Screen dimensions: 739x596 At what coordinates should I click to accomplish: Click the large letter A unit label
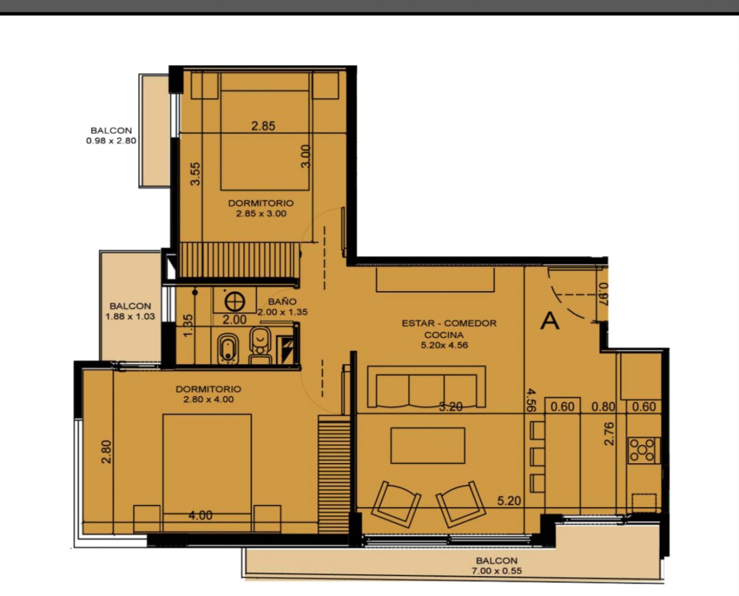pos(550,321)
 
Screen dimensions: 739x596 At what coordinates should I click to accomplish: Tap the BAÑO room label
pos(282,302)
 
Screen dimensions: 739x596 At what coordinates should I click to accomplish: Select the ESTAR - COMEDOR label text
pos(449,323)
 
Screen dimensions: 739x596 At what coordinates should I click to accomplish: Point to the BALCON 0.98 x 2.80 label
pos(111,136)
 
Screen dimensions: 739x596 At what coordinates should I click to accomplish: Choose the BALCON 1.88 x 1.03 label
pos(130,311)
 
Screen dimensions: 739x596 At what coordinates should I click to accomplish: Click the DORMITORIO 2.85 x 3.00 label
pos(260,208)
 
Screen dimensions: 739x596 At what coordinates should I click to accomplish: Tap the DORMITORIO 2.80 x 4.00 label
pos(208,395)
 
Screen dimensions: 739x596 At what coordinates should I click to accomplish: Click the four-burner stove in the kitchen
pos(642,450)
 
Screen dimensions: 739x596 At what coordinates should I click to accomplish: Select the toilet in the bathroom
pos(260,345)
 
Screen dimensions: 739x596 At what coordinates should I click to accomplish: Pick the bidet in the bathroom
pos(228,349)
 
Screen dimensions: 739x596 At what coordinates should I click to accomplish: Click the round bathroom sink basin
pos(235,301)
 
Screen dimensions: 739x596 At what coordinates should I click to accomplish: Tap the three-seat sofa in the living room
pos(426,386)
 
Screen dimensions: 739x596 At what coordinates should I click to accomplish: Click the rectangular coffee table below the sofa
pos(427,445)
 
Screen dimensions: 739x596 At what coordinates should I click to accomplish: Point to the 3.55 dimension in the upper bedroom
pos(196,174)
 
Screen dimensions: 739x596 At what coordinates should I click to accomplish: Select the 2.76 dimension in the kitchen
pos(609,434)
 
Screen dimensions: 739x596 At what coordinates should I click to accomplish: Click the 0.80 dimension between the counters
pos(603,407)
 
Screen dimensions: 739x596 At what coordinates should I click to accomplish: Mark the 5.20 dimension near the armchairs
pos(509,501)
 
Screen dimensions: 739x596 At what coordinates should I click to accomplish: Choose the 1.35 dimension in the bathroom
pos(188,326)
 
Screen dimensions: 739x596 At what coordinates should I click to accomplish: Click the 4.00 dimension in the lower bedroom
pos(200,516)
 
